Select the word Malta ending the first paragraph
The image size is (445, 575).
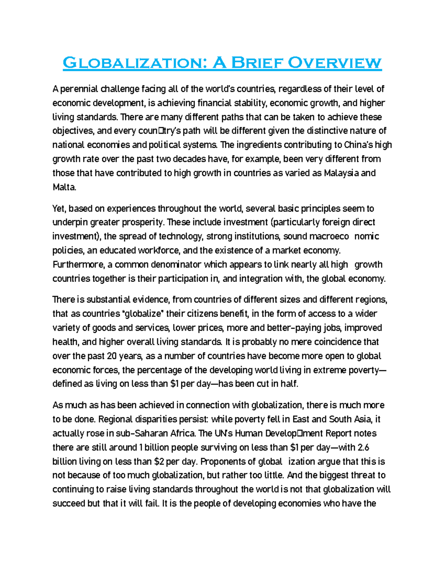(64, 187)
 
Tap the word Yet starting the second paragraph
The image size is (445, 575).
(59, 208)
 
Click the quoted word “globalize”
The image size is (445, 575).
(143, 314)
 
